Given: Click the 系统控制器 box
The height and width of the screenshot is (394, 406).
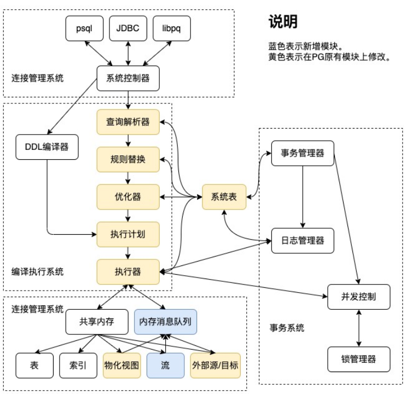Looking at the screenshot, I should pyautogui.click(x=128, y=78).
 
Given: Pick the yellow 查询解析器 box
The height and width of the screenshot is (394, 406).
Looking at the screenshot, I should pyautogui.click(x=128, y=121).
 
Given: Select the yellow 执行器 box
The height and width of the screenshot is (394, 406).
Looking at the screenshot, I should pyautogui.click(x=128, y=271).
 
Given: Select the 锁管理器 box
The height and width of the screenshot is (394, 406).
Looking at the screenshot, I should pyautogui.click(x=358, y=360).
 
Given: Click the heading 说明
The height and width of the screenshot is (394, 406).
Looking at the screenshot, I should pyautogui.click(x=283, y=22).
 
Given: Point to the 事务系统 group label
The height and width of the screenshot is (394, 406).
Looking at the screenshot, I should pyautogui.click(x=287, y=328).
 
